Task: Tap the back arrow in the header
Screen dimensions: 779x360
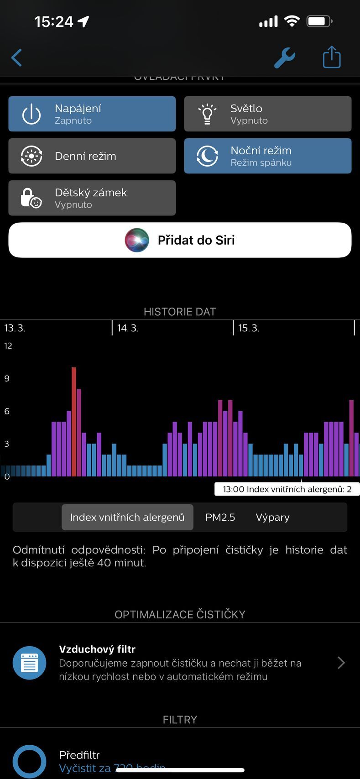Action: [16, 58]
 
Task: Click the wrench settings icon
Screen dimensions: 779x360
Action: [285, 58]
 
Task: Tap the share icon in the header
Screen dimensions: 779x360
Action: [332, 58]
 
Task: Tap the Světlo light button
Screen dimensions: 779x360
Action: [268, 114]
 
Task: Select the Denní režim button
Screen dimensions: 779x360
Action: [92, 156]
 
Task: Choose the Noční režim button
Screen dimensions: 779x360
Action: [268, 156]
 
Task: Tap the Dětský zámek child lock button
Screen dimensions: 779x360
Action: [92, 198]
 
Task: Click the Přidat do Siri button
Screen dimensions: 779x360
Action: [180, 240]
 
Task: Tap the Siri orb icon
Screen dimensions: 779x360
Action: [137, 240]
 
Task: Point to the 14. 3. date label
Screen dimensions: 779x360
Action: [128, 328]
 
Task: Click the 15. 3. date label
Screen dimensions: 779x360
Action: [249, 328]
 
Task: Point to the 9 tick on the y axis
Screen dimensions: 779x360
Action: [7, 378]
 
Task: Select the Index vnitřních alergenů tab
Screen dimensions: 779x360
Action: [127, 517]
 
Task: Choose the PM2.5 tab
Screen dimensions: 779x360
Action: [220, 517]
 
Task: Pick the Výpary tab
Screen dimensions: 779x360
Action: [272, 517]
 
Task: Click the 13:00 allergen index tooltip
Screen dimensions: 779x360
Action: [287, 489]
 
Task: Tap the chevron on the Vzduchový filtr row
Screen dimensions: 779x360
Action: [341, 663]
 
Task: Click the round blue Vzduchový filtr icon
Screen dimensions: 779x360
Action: [30, 663]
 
